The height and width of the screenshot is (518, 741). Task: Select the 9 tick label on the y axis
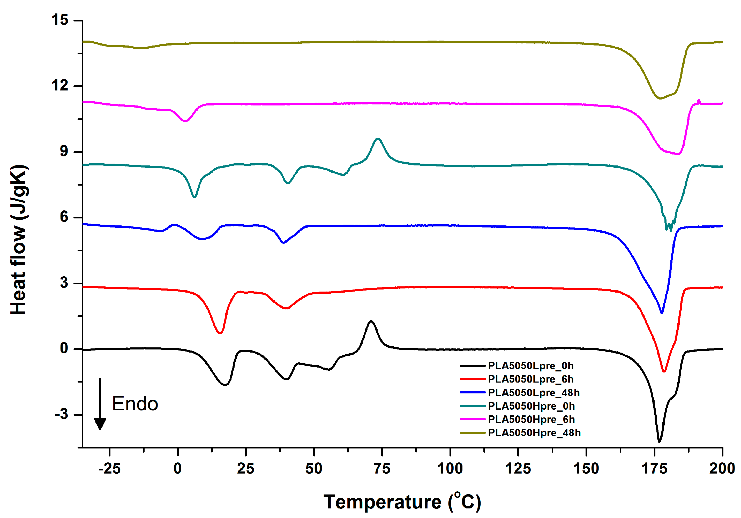click(64, 151)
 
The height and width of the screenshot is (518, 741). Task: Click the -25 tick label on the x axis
click(109, 469)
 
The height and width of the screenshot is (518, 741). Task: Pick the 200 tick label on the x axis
click(722, 469)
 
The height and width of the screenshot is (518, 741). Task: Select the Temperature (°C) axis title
click(402, 502)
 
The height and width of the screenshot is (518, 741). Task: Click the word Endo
click(135, 403)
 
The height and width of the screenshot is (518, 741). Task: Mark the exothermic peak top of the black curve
click(371, 321)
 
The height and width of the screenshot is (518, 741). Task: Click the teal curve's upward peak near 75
click(378, 139)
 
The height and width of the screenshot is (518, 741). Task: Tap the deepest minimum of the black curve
click(659, 441)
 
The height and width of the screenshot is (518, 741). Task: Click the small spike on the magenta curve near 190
click(699, 100)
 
